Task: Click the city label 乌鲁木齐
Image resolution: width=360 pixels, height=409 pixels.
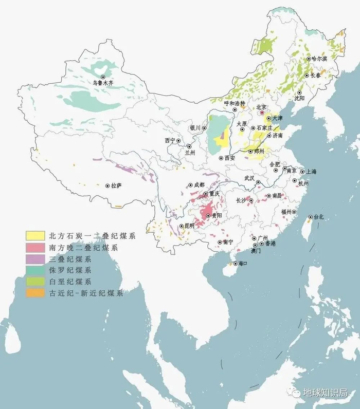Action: [103, 82]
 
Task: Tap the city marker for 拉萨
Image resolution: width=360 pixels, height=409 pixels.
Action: [107, 185]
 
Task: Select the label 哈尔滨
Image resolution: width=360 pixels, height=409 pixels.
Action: [319, 59]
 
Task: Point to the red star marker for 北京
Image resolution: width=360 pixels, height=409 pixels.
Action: [262, 113]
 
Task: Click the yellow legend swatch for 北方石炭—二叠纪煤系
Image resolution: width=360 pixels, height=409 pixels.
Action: [34, 236]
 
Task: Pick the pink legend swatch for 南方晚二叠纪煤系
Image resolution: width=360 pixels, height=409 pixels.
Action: [34, 248]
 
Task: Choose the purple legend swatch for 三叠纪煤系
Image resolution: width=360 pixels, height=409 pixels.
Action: [34, 259]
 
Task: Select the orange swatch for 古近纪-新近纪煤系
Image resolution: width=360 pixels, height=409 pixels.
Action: [34, 293]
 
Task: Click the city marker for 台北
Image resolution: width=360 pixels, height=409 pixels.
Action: [310, 217]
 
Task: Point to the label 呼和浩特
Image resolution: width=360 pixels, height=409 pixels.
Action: [235, 103]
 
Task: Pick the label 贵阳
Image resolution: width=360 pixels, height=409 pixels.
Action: [217, 216]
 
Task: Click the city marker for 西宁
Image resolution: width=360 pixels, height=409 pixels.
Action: [178, 140]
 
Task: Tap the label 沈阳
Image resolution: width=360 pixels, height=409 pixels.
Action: [299, 97]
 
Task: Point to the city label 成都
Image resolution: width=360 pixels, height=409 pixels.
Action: [199, 184]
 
